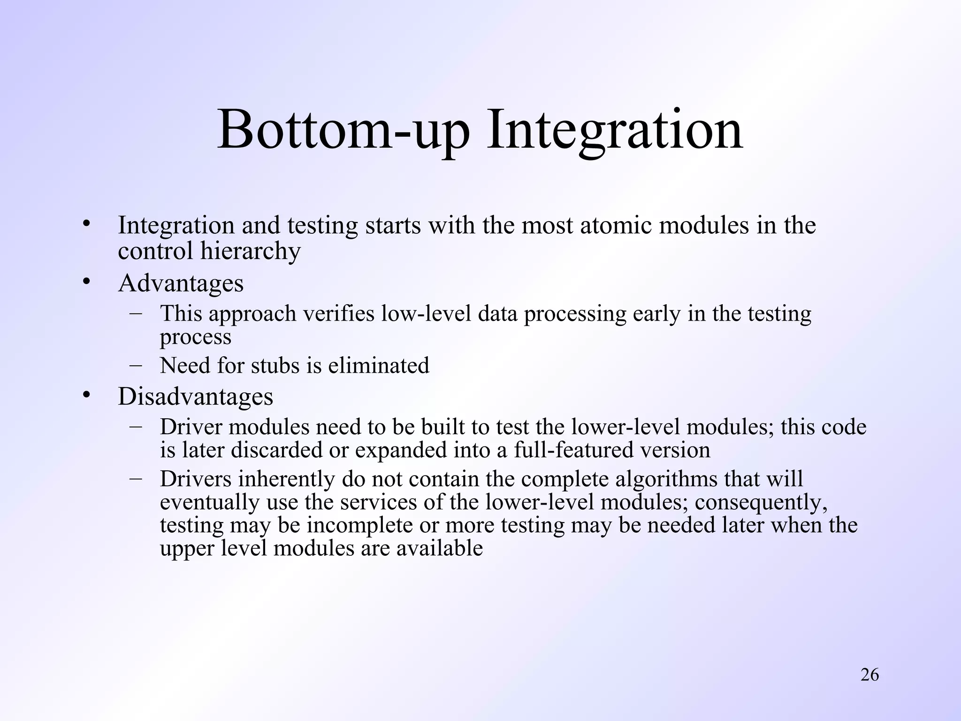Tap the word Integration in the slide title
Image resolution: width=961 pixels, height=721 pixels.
(x=614, y=130)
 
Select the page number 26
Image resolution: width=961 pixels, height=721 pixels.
(x=869, y=675)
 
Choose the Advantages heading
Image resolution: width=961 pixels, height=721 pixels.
(x=181, y=283)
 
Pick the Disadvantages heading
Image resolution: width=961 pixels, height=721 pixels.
(x=195, y=397)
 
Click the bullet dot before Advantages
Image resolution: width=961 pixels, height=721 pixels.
(x=85, y=281)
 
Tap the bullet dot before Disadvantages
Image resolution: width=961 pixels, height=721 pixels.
(x=85, y=395)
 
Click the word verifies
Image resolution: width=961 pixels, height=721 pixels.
(x=339, y=314)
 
